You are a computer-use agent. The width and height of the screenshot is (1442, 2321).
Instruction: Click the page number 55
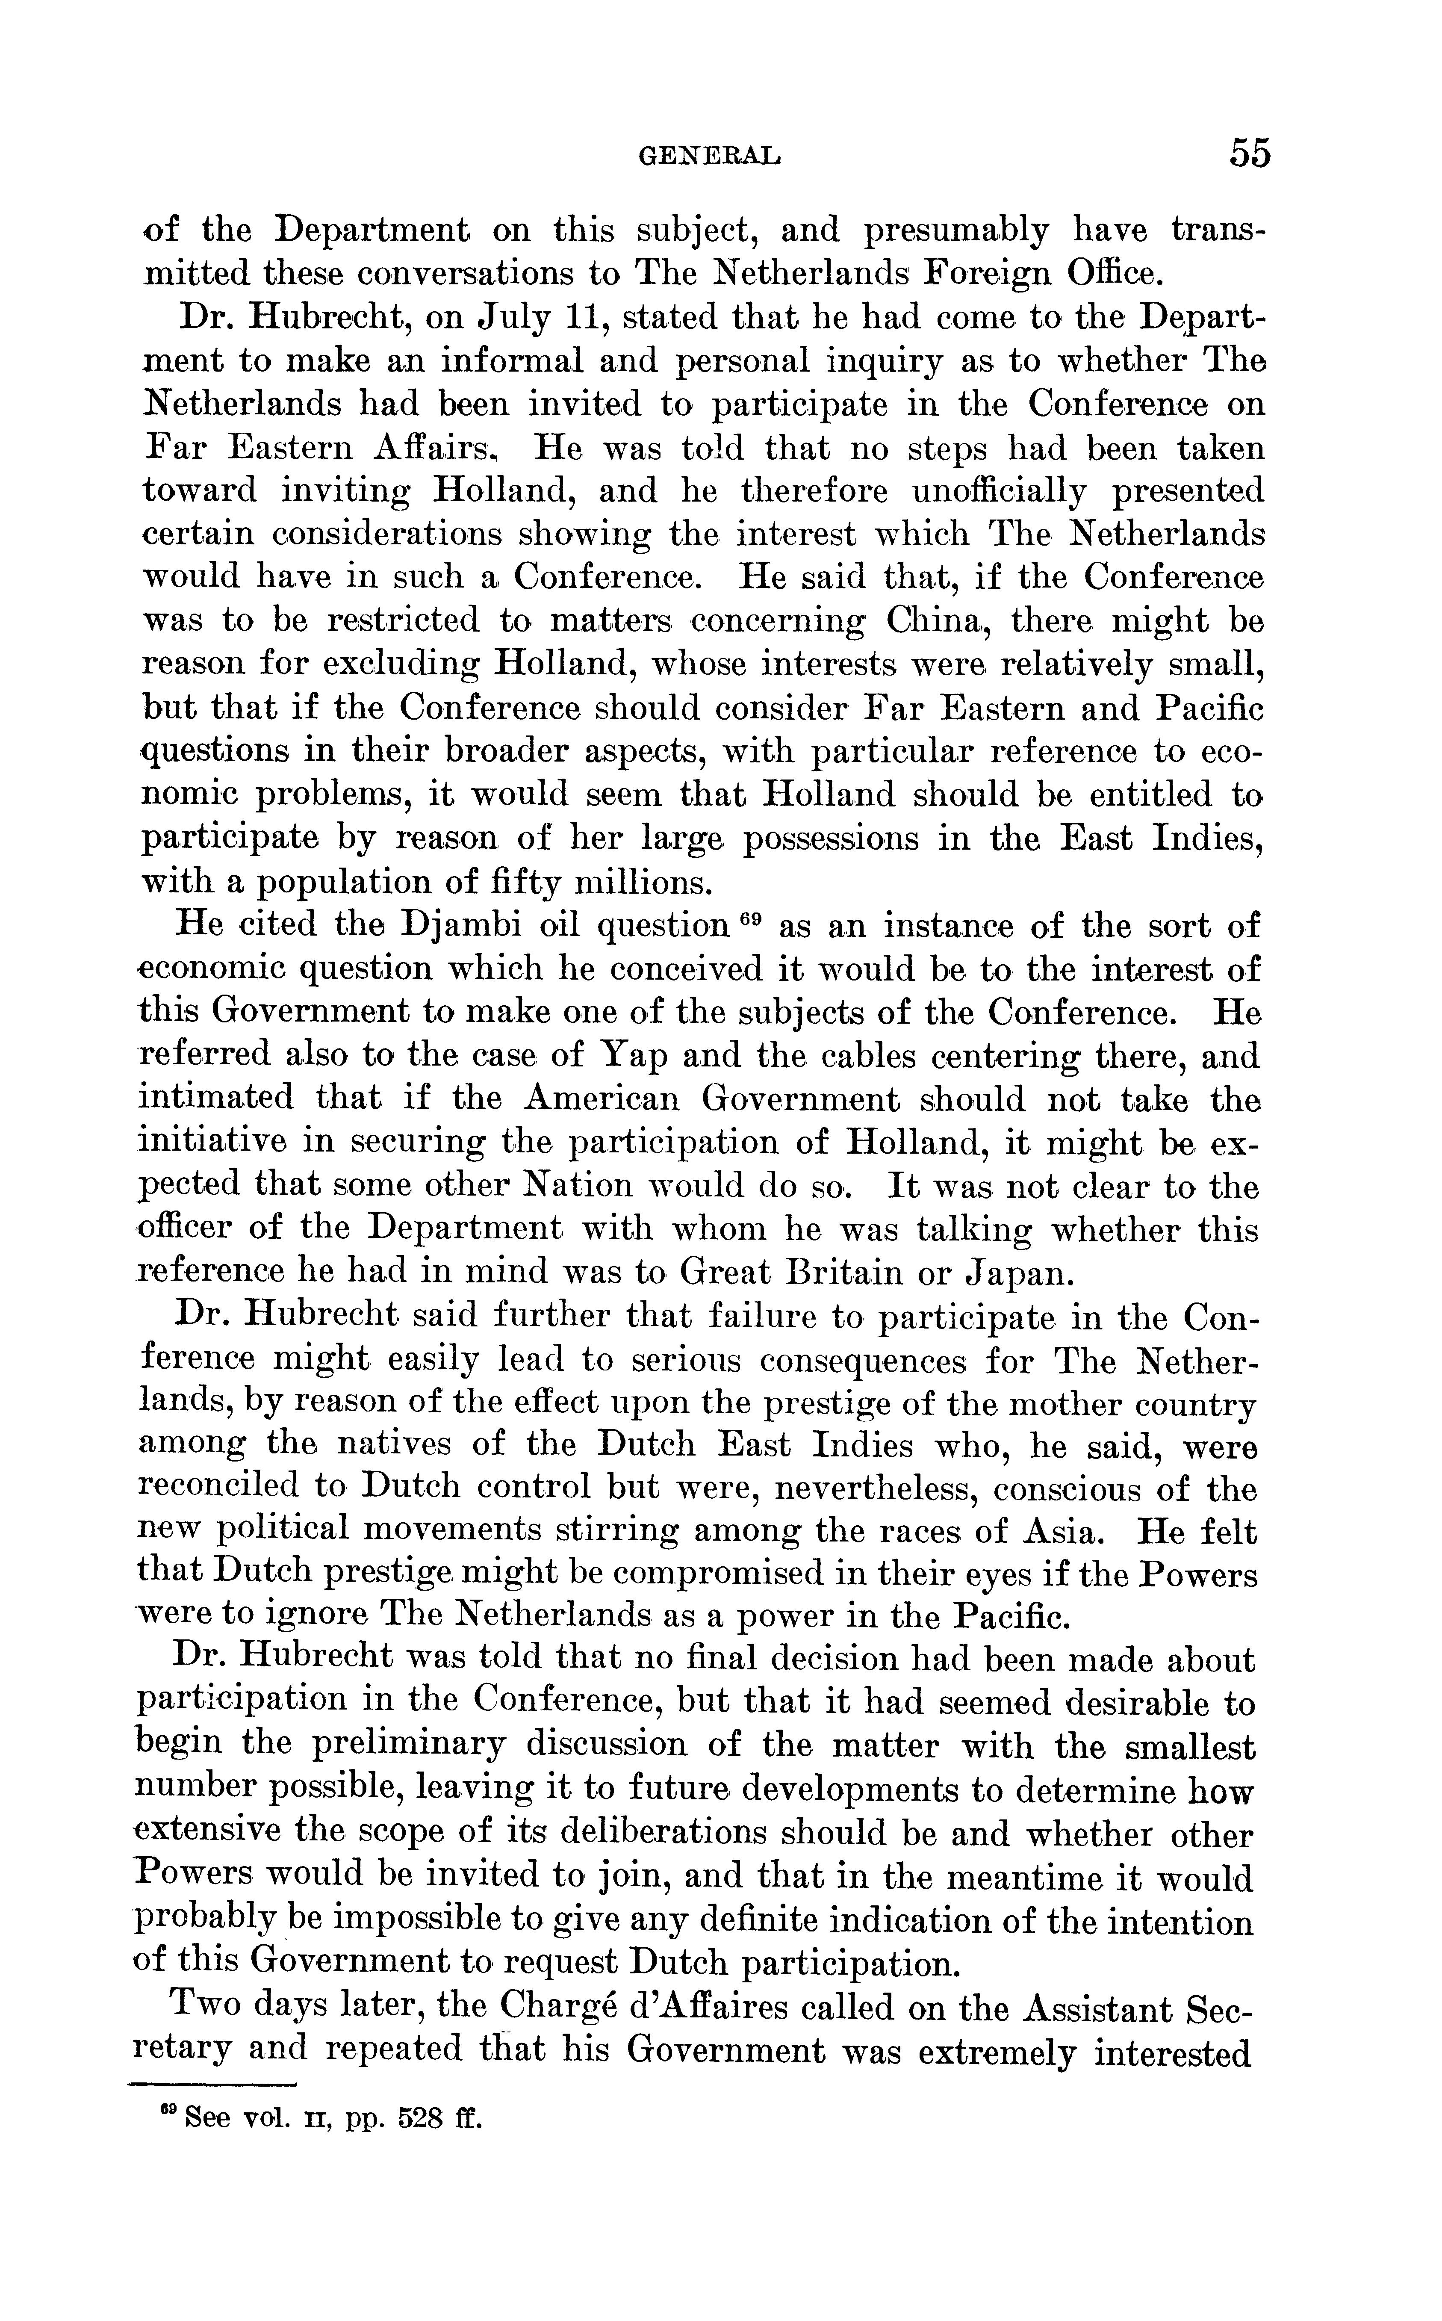[x=1249, y=153]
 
